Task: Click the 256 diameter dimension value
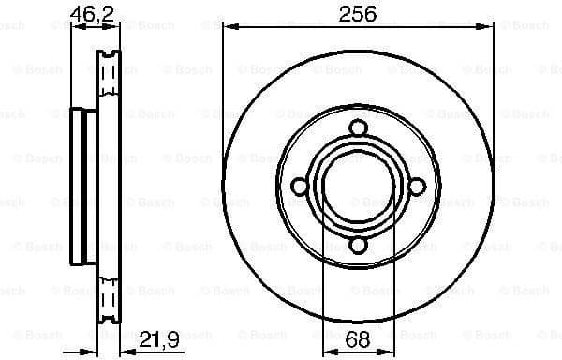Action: click(x=357, y=13)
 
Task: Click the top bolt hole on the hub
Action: click(x=357, y=129)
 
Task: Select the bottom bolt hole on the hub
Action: click(x=357, y=246)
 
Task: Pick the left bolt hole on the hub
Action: click(x=299, y=187)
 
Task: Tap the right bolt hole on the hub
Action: click(x=415, y=187)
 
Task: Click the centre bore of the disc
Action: click(x=357, y=187)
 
